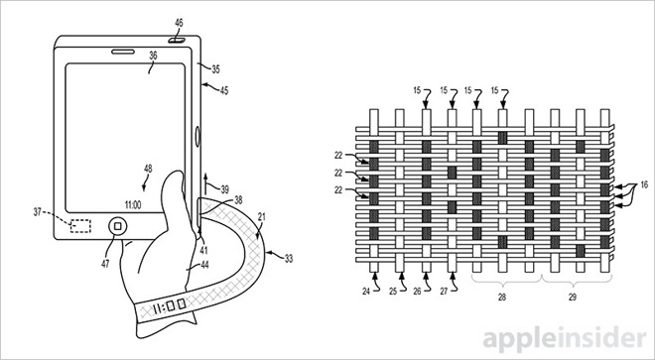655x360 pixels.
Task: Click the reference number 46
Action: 179,24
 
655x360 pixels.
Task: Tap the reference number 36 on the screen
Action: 153,56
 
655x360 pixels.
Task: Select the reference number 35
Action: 215,69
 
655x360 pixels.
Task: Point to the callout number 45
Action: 224,90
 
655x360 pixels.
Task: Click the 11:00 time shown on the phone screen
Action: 133,205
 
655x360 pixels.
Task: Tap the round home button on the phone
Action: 118,226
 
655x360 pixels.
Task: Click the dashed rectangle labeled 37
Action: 80,226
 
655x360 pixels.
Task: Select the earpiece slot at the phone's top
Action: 123,52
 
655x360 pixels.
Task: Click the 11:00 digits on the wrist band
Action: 169,307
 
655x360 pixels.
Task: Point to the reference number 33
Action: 288,259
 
